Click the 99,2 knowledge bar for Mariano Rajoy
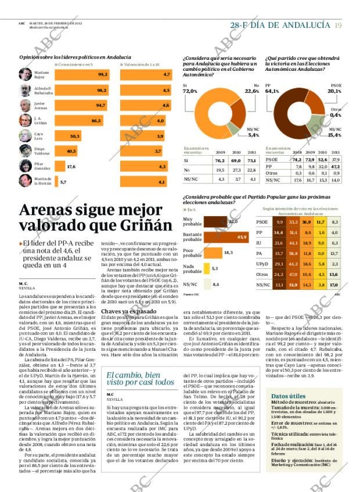pyautogui.click(x=81, y=74)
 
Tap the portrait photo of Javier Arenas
pyautogui.click(x=25, y=105)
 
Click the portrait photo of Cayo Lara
pyautogui.click(x=25, y=136)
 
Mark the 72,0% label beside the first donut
pyautogui.click(x=190, y=91)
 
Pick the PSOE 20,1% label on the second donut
pyautogui.click(x=334, y=91)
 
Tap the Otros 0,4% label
pyautogui.click(x=335, y=114)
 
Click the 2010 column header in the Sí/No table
pyautogui.click(x=236, y=152)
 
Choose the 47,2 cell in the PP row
pyautogui.click(x=335, y=166)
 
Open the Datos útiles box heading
pyautogui.click(x=288, y=396)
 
